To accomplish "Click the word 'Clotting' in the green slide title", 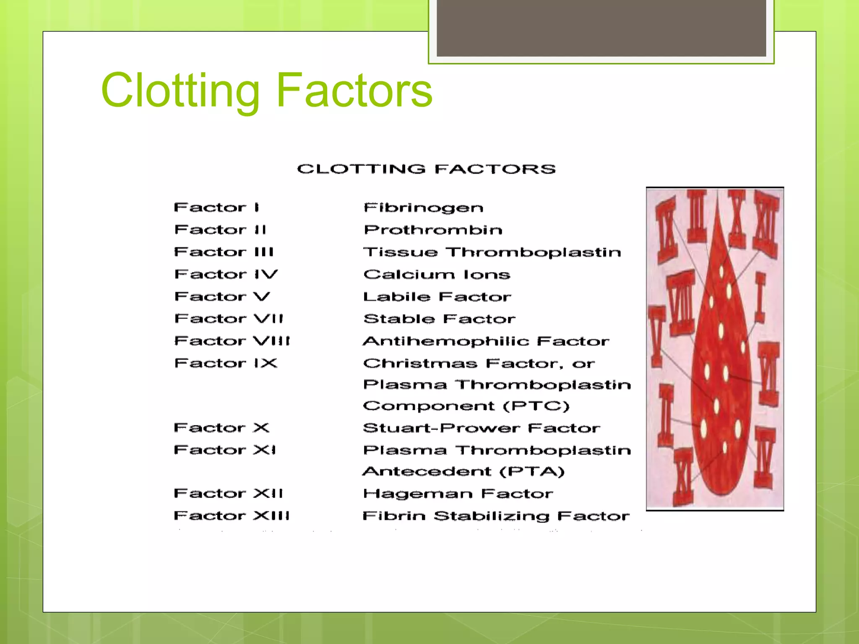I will (x=180, y=91).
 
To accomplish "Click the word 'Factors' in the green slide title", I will (x=354, y=91).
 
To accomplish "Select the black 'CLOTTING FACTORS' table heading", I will (x=426, y=169).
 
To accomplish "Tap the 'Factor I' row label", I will (x=216, y=207).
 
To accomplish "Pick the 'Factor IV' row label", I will (x=226, y=274).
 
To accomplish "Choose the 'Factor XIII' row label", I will (x=232, y=515).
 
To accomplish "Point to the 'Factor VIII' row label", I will (x=232, y=341).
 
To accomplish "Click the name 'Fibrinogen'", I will (x=423, y=208).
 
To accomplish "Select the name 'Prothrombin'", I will (x=433, y=230).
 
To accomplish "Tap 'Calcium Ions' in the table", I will (x=437, y=274).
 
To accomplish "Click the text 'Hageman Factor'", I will (x=458, y=493).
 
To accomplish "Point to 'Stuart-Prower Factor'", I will (x=482, y=428).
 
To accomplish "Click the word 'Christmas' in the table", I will (x=420, y=363).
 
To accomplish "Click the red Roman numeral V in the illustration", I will (x=656, y=335).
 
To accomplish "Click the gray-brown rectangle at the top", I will (x=601, y=28).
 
